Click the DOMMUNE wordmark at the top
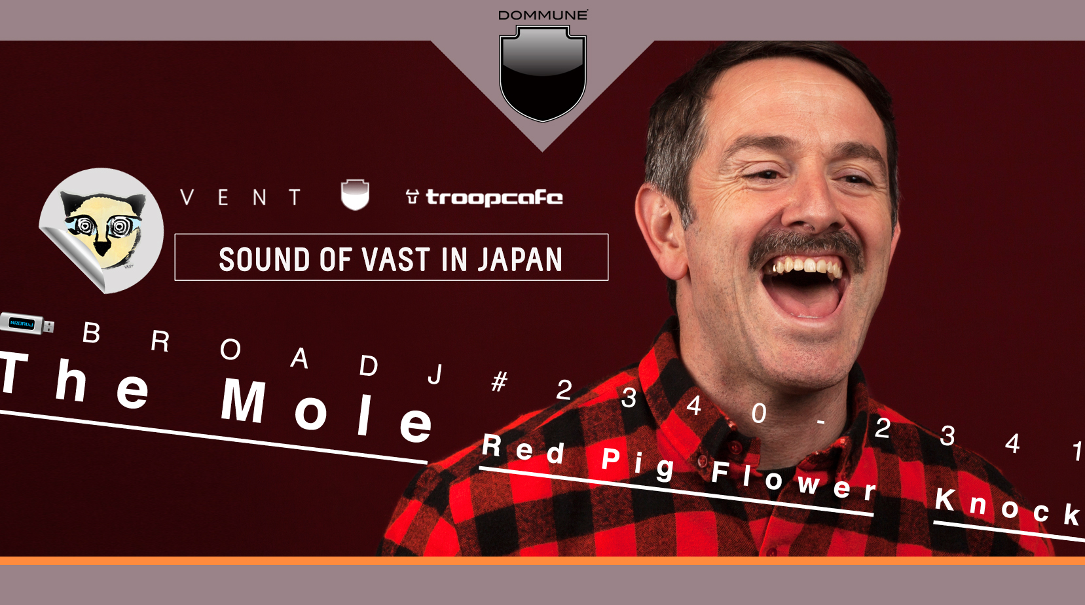click(x=543, y=15)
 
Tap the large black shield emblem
click(x=542, y=73)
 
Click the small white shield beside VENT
click(x=355, y=194)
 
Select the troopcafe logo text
click(x=494, y=198)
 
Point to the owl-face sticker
click(x=101, y=230)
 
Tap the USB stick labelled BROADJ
click(x=27, y=324)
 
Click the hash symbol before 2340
click(x=500, y=381)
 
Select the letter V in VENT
click(x=187, y=198)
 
